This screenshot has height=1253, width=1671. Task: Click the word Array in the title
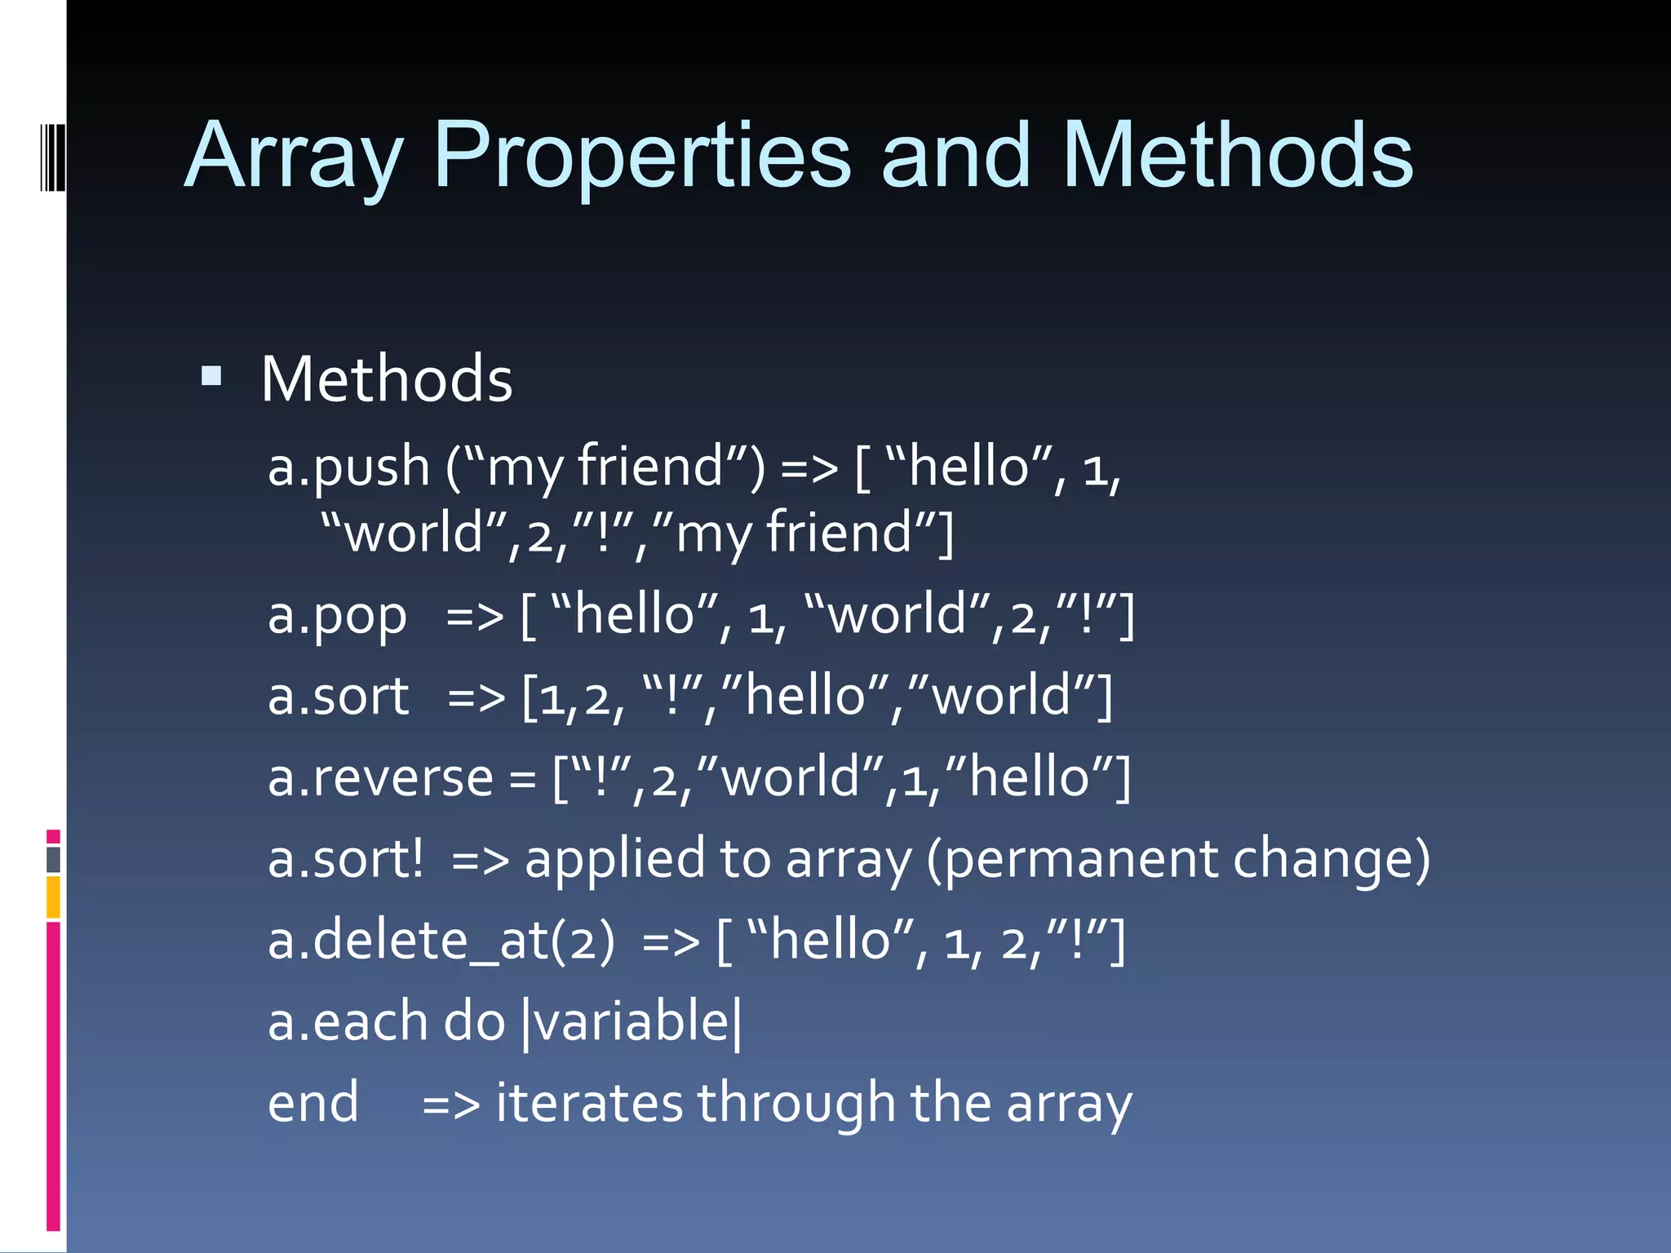[294, 157]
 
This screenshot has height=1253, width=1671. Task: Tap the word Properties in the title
[641, 157]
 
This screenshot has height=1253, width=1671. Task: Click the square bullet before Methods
[211, 376]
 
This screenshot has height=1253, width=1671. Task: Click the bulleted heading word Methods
[386, 380]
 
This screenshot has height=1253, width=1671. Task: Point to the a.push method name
[348, 467]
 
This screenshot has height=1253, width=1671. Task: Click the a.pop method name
[337, 616]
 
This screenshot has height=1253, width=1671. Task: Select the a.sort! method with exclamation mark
[346, 859]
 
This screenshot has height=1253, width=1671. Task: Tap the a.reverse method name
[380, 777]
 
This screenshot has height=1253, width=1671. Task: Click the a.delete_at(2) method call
[441, 941]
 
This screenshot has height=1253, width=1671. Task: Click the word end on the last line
[312, 1103]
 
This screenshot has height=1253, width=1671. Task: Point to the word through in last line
[796, 1103]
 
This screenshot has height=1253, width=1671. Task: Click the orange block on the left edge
[53, 897]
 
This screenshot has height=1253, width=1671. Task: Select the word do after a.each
[474, 1022]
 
